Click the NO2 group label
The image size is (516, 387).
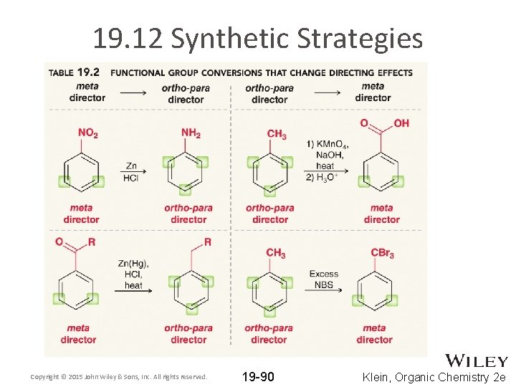click(87, 134)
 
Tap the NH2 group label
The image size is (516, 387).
click(191, 134)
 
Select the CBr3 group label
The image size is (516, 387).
click(382, 254)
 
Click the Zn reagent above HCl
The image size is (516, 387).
click(130, 166)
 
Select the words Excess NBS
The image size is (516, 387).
click(324, 279)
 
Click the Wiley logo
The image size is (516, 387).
click(477, 360)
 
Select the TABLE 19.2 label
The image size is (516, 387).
click(73, 72)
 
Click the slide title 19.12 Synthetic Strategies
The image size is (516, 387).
click(257, 39)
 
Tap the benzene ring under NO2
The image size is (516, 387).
click(80, 172)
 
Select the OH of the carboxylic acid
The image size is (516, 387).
click(401, 123)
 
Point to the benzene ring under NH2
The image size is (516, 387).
click(185, 172)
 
